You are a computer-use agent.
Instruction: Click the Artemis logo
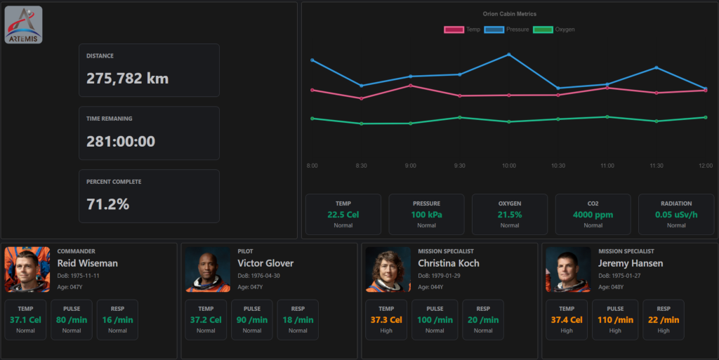(24, 25)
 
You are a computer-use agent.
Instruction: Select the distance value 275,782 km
(127, 79)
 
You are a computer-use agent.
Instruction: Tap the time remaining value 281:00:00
(121, 141)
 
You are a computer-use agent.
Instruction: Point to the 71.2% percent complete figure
(107, 204)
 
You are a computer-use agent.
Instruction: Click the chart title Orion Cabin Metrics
(509, 14)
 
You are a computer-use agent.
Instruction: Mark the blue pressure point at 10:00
(509, 54)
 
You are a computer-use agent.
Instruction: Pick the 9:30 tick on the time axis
(459, 166)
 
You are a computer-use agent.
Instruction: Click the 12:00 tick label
(705, 166)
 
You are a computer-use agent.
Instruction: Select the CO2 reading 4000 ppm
(593, 215)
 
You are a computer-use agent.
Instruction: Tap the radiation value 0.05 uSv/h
(676, 215)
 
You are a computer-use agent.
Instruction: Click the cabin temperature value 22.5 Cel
(343, 215)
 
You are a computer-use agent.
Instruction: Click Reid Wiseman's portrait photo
(27, 269)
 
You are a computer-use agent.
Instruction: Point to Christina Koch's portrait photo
(388, 269)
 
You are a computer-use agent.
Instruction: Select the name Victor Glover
(265, 263)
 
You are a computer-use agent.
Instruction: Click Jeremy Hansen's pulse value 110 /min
(615, 320)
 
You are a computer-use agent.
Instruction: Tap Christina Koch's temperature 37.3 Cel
(386, 320)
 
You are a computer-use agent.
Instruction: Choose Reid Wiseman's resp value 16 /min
(117, 320)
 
